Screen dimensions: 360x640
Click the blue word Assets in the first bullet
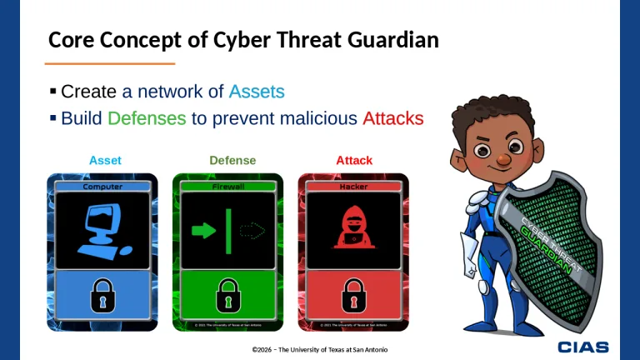(257, 91)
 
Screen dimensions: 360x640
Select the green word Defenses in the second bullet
(147, 117)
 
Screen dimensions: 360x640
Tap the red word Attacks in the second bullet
(393, 117)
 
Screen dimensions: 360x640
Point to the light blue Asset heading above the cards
(105, 160)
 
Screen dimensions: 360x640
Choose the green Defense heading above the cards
(232, 160)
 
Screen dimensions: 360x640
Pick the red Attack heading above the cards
(354, 160)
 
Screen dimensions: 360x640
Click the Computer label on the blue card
(102, 187)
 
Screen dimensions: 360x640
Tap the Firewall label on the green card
(228, 187)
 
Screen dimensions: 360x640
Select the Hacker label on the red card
(353, 187)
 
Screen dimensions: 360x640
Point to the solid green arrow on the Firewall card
(203, 230)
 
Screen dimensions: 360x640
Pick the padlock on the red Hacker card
(353, 294)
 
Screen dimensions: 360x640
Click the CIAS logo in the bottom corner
(583, 346)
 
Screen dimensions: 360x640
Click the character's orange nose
(502, 157)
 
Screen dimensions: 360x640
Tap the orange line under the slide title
(109, 63)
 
